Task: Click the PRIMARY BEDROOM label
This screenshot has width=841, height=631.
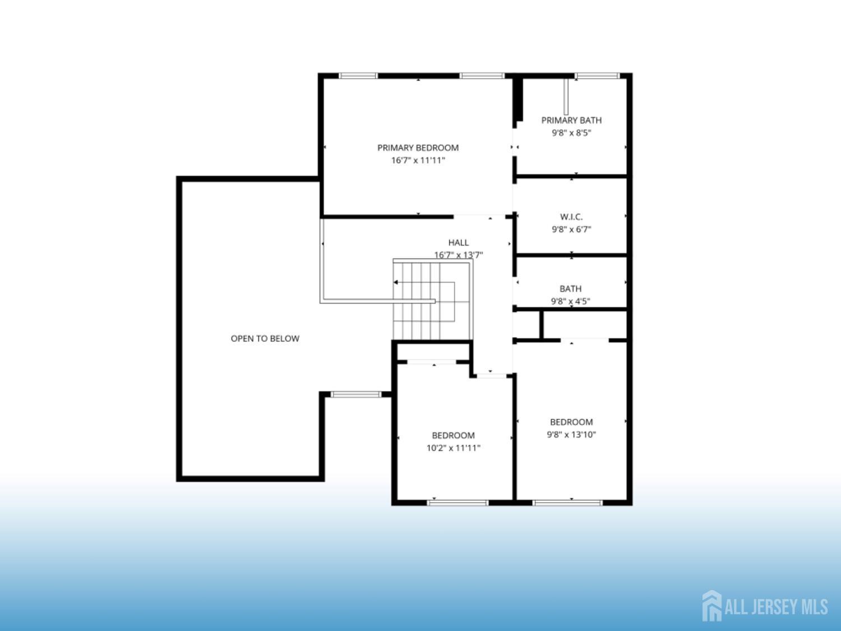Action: [418, 148]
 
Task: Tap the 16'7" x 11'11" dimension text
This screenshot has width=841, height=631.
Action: [418, 160]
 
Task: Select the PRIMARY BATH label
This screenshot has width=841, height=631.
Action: [571, 120]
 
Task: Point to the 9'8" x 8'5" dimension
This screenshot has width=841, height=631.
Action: [571, 133]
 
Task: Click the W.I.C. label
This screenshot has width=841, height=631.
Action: [571, 217]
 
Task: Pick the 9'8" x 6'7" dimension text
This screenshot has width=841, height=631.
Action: [571, 229]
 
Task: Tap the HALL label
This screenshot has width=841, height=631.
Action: [458, 242]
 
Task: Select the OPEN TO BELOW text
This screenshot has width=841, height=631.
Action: [265, 339]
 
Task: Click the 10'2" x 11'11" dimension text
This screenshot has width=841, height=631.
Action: [453, 448]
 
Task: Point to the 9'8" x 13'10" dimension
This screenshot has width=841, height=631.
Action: [571, 435]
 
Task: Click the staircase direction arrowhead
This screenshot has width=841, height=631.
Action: [395, 282]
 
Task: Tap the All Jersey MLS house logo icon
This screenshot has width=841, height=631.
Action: [711, 606]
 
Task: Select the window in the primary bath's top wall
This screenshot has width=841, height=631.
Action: [597, 76]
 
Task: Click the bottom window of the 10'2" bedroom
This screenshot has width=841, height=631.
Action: [458, 503]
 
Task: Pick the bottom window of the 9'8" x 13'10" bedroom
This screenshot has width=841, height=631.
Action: [567, 503]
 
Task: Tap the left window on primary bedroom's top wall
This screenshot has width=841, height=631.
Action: [358, 76]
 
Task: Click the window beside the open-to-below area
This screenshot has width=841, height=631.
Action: [356, 394]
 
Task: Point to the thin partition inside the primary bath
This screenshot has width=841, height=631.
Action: [566, 96]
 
